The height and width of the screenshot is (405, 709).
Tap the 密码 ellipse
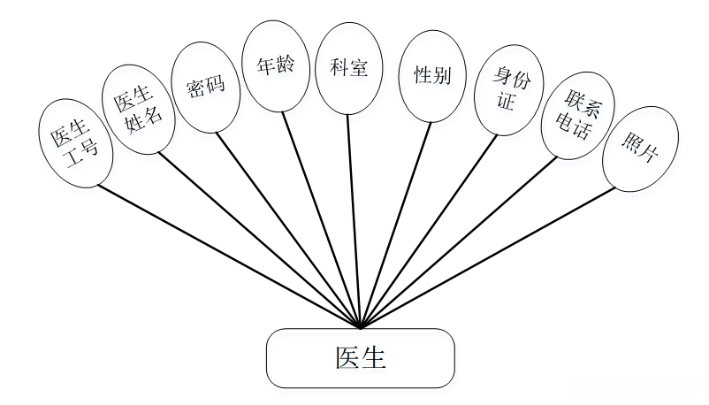click(206, 87)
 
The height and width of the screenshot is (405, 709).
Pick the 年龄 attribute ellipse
click(276, 65)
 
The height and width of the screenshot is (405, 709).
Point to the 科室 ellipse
click(348, 68)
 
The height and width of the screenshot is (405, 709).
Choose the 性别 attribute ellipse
click(432, 75)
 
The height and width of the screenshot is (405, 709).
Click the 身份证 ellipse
click(511, 92)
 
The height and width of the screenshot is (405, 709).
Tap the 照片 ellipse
click(640, 150)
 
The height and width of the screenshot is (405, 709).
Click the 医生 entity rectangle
click(360, 358)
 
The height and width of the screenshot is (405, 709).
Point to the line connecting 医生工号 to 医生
click(228, 256)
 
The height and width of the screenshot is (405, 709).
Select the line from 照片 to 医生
click(486, 257)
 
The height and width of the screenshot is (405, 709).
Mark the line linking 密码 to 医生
click(288, 230)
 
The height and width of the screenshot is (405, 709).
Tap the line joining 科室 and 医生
click(354, 221)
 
